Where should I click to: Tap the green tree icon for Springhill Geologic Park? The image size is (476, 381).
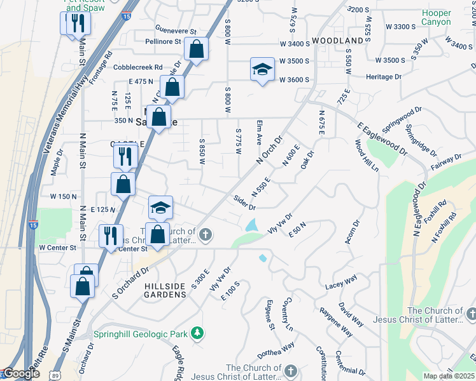(x=198, y=333)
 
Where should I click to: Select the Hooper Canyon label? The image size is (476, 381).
(x=436, y=18)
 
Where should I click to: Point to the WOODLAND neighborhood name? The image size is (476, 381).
(x=342, y=41)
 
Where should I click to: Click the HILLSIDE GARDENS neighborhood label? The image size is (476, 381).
(x=165, y=291)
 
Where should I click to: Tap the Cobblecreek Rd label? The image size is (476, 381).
(x=138, y=67)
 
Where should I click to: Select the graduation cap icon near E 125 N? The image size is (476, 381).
(x=160, y=208)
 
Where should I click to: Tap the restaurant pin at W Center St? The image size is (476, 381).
(x=111, y=236)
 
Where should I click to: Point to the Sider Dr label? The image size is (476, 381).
(x=244, y=203)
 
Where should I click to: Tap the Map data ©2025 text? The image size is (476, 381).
(x=449, y=376)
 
